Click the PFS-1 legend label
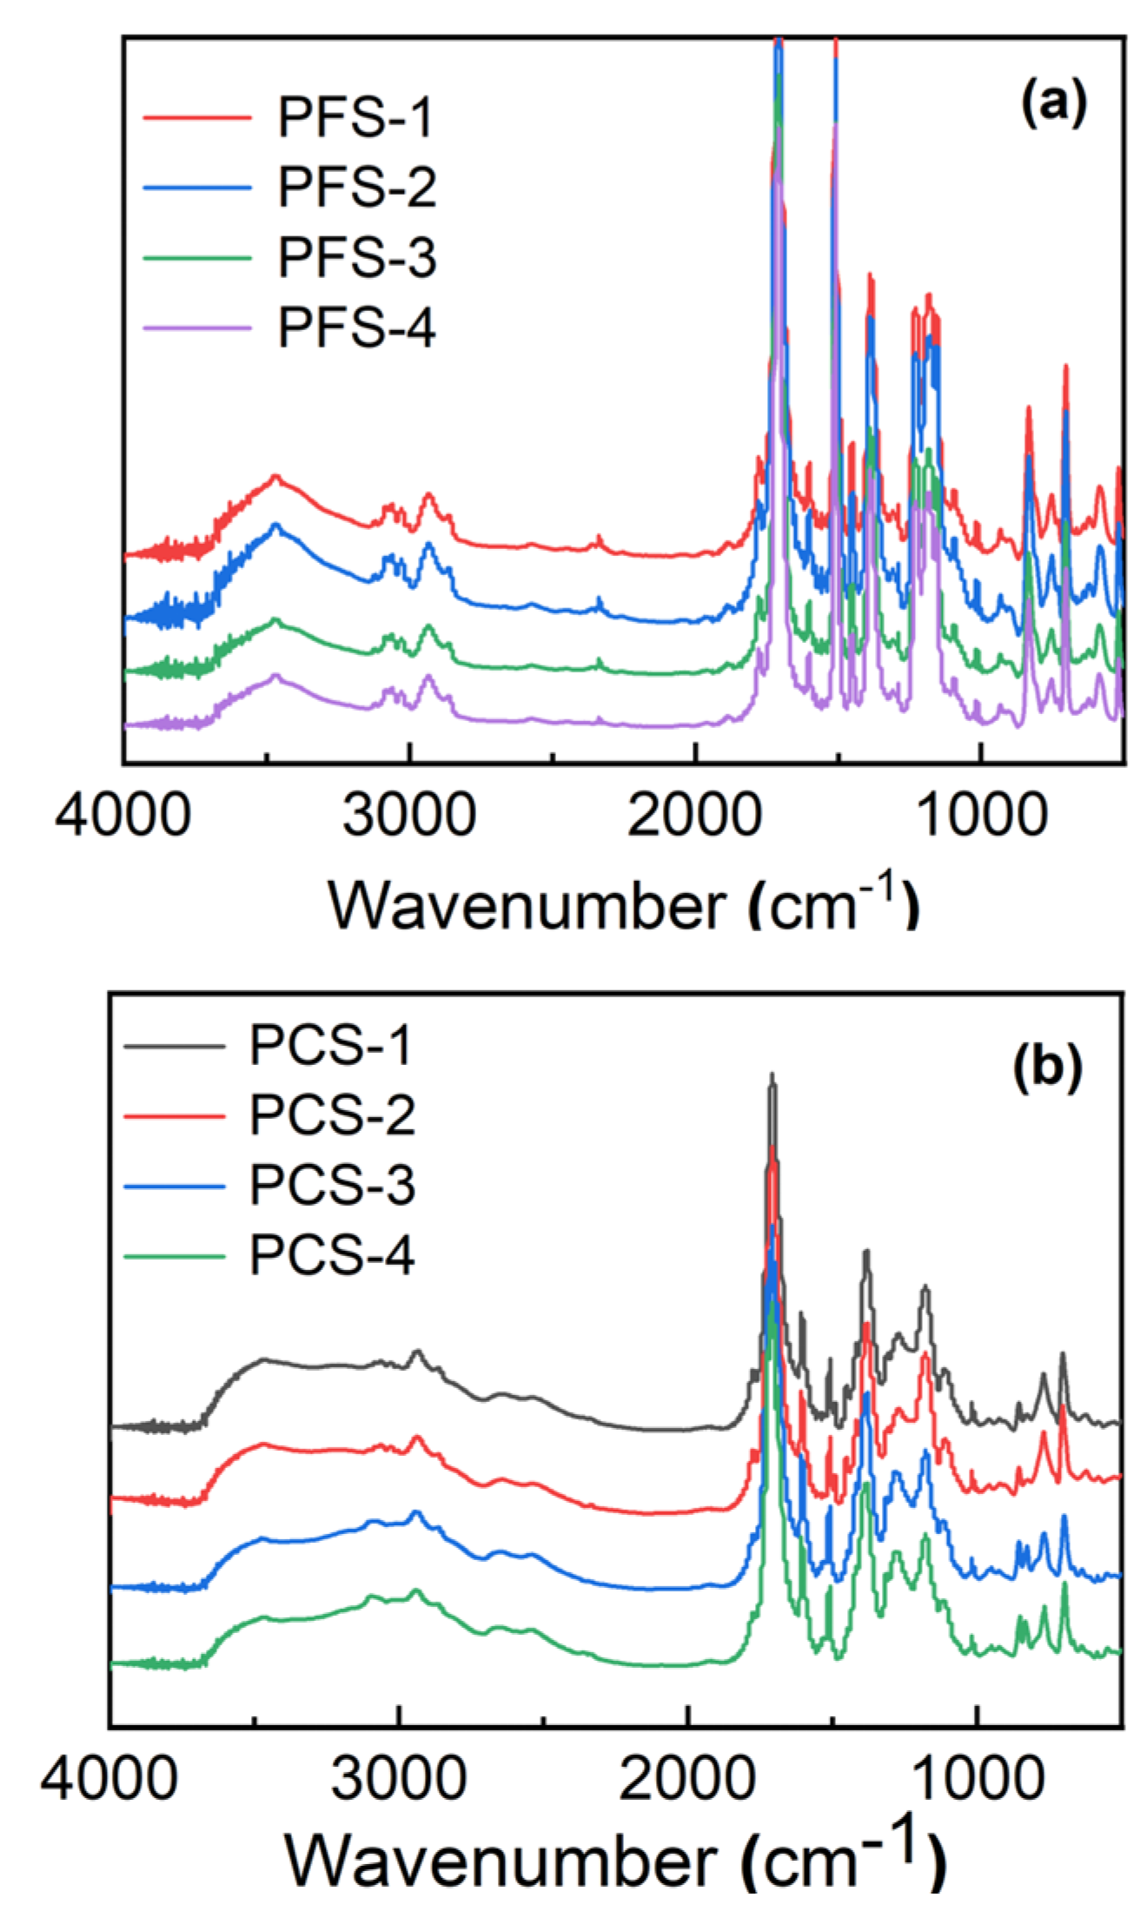coord(355,117)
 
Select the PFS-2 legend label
coord(356,187)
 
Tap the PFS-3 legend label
coord(356,257)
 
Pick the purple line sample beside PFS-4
coord(197,328)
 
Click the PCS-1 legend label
coord(330,1045)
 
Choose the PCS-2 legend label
coord(332,1115)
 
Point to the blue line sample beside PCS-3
coord(175,1186)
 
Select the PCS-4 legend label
coord(332,1256)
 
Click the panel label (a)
coord(1053,103)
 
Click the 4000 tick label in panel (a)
coord(123,816)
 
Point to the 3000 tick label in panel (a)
coord(408,816)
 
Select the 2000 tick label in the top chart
coord(694,816)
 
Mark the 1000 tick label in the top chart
coord(981,816)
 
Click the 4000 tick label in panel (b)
coord(109,1779)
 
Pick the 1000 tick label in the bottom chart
coord(977,1779)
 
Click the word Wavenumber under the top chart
coord(527,906)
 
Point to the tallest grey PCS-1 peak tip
coord(772,1075)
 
